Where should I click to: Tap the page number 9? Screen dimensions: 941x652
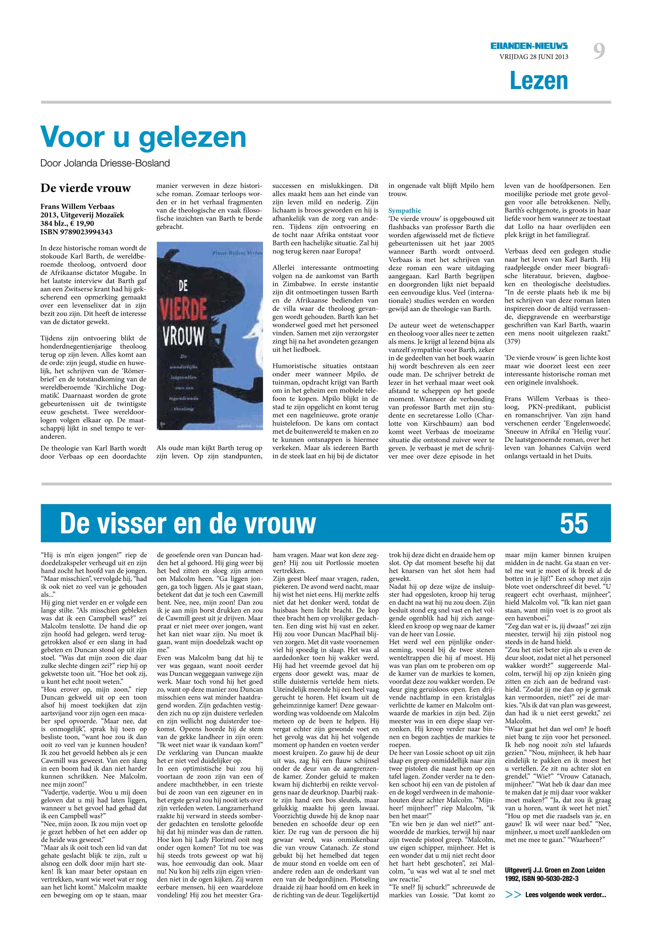point(599,52)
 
